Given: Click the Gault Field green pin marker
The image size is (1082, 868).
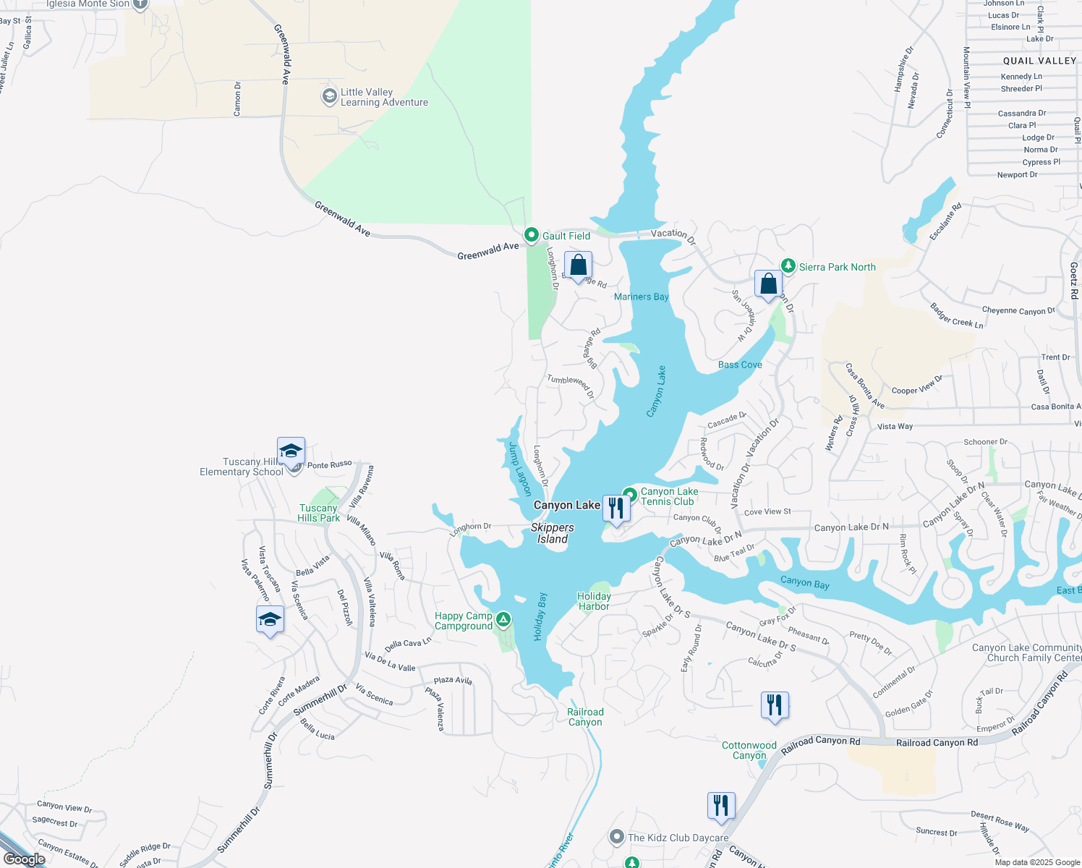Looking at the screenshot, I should click(532, 235).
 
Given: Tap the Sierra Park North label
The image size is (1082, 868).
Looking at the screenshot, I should click(837, 267).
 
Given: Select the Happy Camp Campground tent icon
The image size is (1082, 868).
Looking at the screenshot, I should click(503, 619).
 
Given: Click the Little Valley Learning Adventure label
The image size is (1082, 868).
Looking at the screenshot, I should click(384, 97).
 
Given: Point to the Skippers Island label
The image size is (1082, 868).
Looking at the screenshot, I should click(553, 533).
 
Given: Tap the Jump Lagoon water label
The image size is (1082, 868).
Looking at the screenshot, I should click(520, 469).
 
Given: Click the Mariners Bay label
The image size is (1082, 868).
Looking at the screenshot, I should click(641, 297).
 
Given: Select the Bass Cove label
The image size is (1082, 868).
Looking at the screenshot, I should click(740, 365).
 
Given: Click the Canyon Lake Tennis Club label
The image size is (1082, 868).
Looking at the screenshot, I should click(669, 496).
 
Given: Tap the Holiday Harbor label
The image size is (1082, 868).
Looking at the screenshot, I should click(594, 601).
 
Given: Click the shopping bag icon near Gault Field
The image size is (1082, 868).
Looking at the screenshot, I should click(578, 265).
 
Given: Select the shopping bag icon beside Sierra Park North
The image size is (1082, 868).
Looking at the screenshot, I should click(768, 284).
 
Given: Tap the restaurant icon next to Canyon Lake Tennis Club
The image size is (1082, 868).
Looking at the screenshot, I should click(616, 508).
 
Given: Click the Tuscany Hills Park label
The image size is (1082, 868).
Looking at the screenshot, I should click(318, 513).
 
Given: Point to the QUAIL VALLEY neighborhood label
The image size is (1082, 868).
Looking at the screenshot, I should click(1039, 61).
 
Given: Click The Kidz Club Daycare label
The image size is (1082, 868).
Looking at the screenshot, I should click(678, 838).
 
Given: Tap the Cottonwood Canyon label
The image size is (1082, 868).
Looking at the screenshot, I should click(749, 750).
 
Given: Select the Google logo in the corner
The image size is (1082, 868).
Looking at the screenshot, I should click(25, 859).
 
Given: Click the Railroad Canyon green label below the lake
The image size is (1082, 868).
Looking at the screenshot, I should click(585, 717).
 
